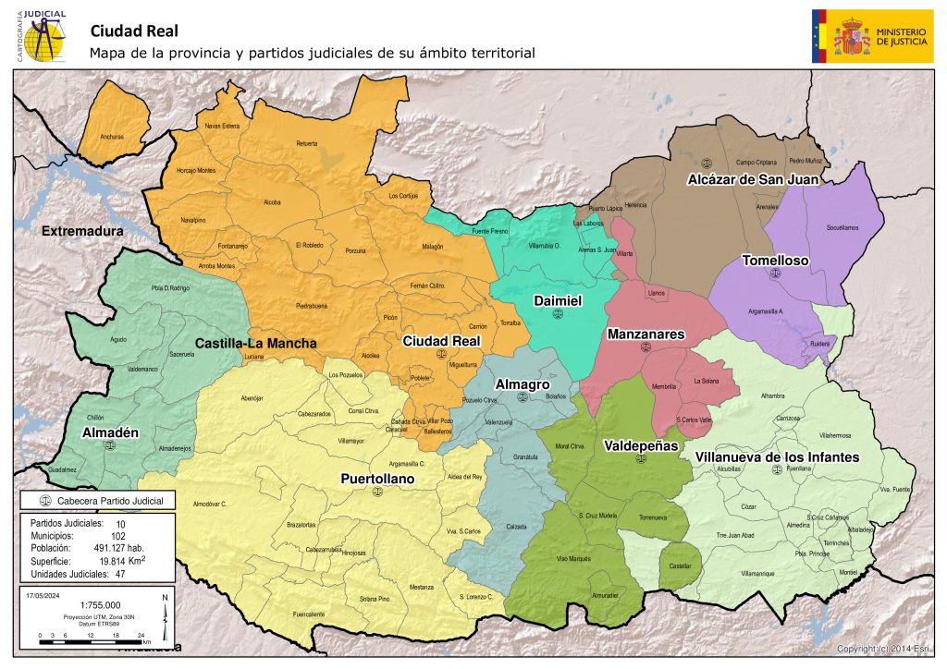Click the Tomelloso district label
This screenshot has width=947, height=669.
pyautogui.click(x=775, y=261)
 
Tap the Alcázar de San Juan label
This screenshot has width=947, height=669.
pyautogui.click(x=753, y=180)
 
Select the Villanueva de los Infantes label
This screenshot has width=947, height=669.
pyautogui.click(x=777, y=456)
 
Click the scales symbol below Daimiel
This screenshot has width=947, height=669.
pyautogui.click(x=557, y=314)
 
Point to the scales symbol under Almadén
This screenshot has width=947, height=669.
pyautogui.click(x=111, y=444)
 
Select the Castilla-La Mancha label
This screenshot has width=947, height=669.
pyautogui.click(x=255, y=343)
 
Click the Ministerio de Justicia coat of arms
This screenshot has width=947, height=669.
pyautogui.click(x=851, y=36)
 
